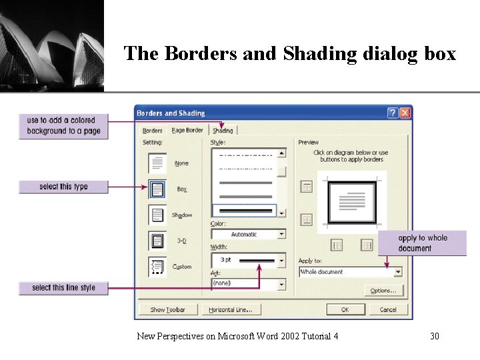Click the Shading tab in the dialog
[223, 131]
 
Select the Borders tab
[153, 131]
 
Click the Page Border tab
[187, 131]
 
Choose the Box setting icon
[157, 189]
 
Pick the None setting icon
[157, 163]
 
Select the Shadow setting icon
[157, 215]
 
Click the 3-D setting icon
[157, 241]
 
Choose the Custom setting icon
[157, 267]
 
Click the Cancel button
[388, 309]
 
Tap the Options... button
[383, 291]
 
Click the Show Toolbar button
[167, 309]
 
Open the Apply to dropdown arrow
[398, 272]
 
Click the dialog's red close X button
[405, 113]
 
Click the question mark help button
[393, 113]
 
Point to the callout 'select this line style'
[63, 288]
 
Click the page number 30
[435, 336]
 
